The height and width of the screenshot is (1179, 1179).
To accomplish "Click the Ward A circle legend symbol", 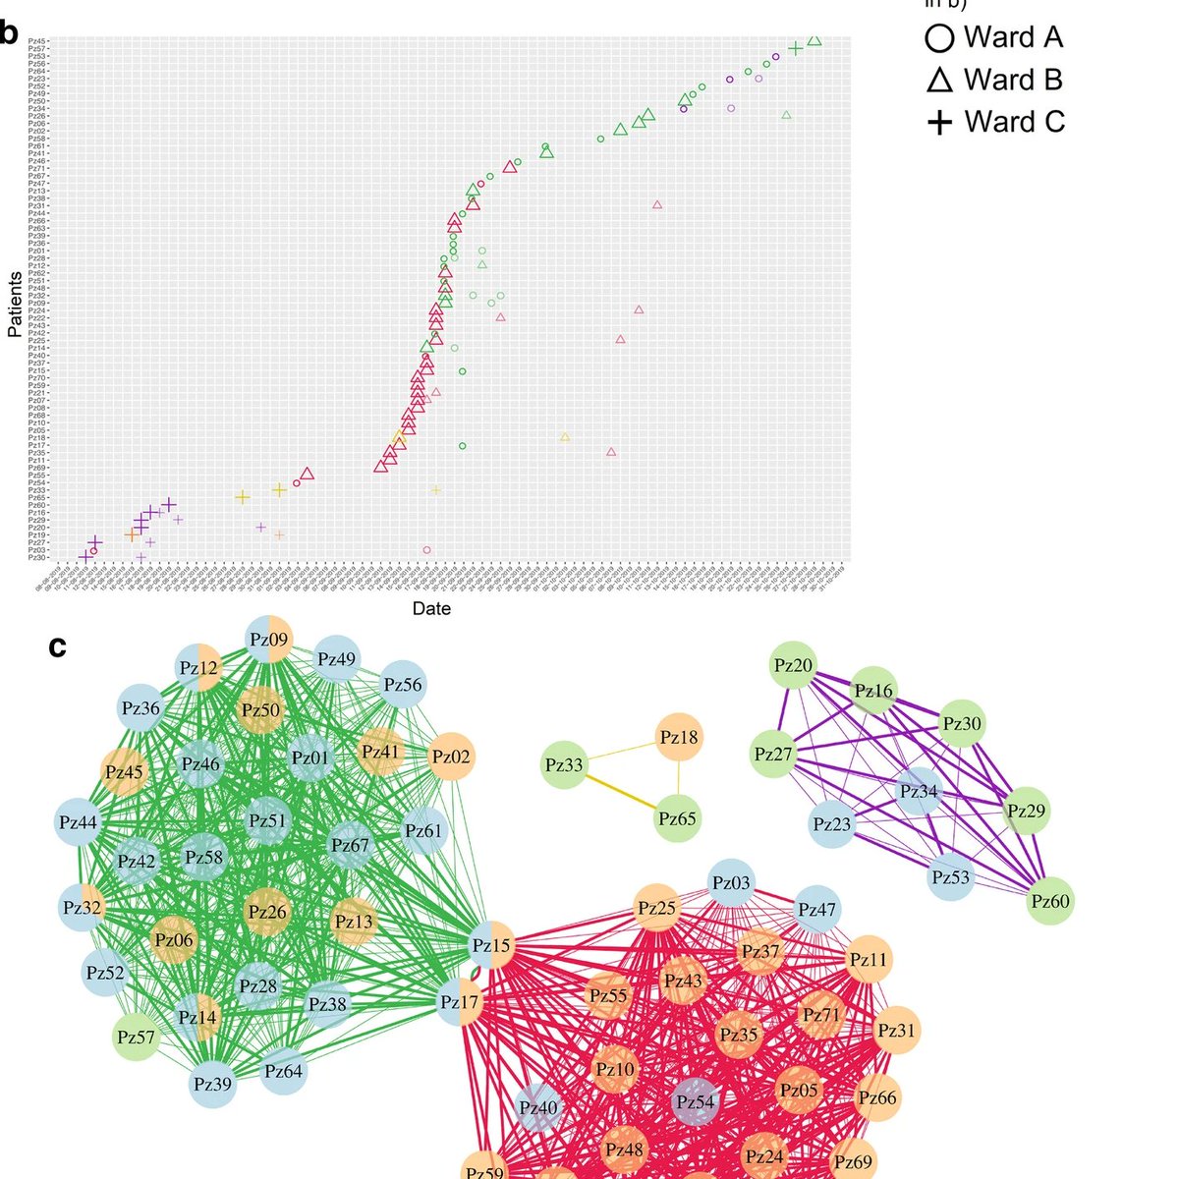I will pos(939,38).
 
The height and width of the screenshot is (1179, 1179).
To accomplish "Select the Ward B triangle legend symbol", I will pos(939,81).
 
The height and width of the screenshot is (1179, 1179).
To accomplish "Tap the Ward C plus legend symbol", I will pos(939,123).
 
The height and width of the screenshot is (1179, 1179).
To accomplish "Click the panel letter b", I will pos(9,32).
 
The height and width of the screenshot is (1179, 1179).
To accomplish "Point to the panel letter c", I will pos(58,646).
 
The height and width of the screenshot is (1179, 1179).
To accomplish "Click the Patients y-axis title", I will pos(15,306).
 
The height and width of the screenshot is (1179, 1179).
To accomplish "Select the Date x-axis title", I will pos(431,608).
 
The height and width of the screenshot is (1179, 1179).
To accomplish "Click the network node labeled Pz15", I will pos(490,945).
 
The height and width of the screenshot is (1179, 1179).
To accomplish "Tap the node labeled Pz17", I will pos(459,1002).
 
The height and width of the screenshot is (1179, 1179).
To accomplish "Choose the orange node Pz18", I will pos(679,737).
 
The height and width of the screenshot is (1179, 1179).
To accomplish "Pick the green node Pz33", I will pos(564,763).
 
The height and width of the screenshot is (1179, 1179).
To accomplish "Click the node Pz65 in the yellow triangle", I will pos(679,818).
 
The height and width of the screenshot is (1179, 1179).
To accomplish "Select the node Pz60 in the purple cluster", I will pos(1049,900).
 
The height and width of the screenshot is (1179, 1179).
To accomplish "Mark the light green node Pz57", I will pos(136,1036).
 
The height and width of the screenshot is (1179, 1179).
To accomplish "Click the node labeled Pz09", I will pos(268,639).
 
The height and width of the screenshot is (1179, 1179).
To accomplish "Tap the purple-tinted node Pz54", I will pos(695,1101).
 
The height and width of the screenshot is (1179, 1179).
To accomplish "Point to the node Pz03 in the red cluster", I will pos(730,882).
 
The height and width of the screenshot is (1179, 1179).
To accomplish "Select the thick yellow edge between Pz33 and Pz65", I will pos(622,791).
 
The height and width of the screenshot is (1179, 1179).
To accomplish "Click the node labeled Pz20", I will pos(793,665).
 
